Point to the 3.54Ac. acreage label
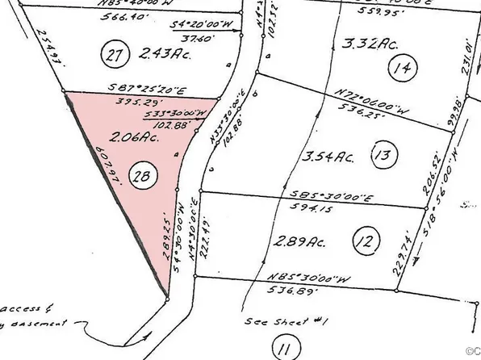[319, 153]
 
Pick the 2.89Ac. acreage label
[299, 241]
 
